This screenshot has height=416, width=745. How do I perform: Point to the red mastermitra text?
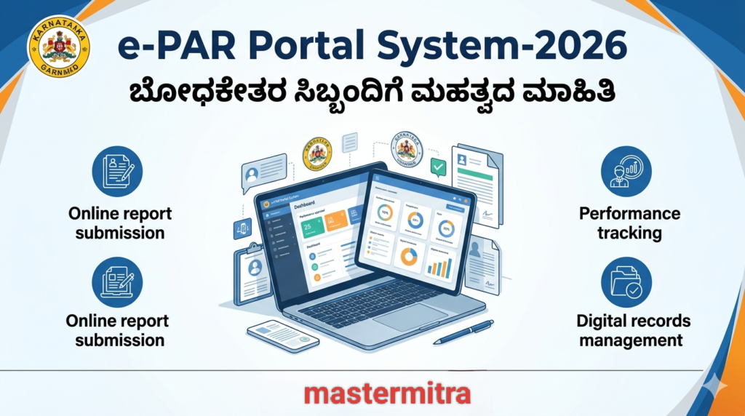(x=387, y=393)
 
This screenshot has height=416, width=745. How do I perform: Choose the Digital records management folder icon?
(x=626, y=281)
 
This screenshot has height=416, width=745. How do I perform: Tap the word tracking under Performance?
(x=629, y=233)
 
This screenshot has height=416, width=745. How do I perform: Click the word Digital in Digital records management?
(x=602, y=321)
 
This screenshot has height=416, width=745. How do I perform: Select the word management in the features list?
(x=630, y=340)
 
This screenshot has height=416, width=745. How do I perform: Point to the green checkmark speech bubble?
(x=437, y=167)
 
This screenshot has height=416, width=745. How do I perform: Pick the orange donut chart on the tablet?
(x=410, y=257)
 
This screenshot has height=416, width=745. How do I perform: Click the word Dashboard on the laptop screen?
(x=306, y=207)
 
